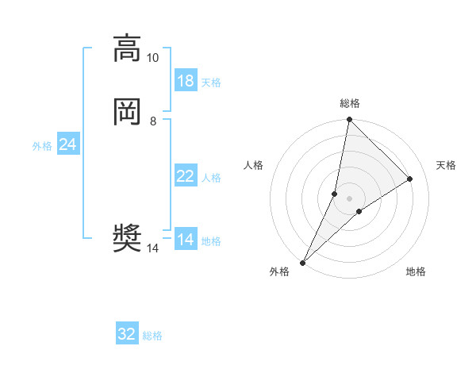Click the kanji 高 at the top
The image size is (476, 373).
[127, 48]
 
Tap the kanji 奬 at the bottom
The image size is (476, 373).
[127, 238]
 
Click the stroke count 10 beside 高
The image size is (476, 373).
[153, 58]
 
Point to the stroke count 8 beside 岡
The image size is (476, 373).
[153, 121]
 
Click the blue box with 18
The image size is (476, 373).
[186, 81]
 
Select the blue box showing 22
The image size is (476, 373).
[186, 176]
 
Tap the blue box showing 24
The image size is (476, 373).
[67, 144]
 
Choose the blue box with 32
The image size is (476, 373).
[127, 334]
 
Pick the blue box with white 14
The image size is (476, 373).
[186, 240]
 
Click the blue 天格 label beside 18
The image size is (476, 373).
[211, 83]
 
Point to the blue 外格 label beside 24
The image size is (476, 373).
[42, 146]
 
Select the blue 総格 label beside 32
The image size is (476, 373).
[152, 336]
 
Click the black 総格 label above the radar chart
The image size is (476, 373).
[350, 103]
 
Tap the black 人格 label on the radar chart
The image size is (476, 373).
[254, 165]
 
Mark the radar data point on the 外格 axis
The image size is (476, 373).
[302, 262]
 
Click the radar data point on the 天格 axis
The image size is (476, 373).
[410, 179]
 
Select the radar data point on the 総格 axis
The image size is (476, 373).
[349, 119]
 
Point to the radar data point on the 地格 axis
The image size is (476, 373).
[359, 211]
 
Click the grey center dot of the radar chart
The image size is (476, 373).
[350, 198]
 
